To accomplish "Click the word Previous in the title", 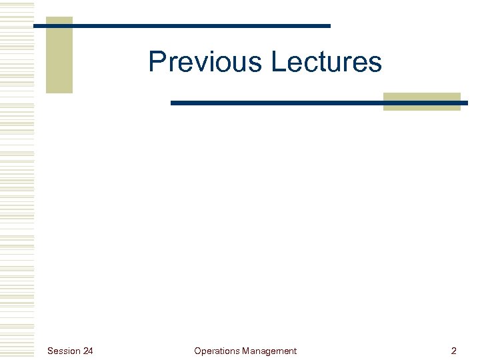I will point(207,62).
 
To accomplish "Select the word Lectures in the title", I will point(326,62).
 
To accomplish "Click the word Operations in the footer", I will point(217,351).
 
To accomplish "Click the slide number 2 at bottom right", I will point(454,351).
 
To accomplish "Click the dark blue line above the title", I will point(182,26).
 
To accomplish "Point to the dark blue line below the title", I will point(319,103).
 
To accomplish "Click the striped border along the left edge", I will point(17,180).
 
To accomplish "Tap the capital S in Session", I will point(50,351).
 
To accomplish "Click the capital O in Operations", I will point(197,351).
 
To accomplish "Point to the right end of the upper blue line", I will point(329,26).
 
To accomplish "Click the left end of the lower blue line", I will point(173,103).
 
